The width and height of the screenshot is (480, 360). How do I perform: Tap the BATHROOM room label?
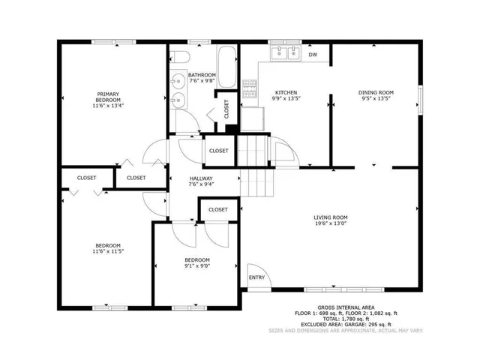(x=202, y=75)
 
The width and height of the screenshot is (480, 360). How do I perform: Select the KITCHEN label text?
(x=285, y=92)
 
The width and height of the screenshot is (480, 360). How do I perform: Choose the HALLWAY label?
(x=202, y=178)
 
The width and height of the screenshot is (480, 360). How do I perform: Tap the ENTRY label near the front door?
(x=257, y=277)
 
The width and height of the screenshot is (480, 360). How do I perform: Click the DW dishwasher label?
(x=313, y=55)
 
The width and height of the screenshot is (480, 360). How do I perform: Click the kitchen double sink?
(x=285, y=52)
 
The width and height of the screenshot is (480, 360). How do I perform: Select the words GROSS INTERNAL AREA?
(x=346, y=307)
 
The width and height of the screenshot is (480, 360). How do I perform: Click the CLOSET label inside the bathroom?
(x=226, y=109)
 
